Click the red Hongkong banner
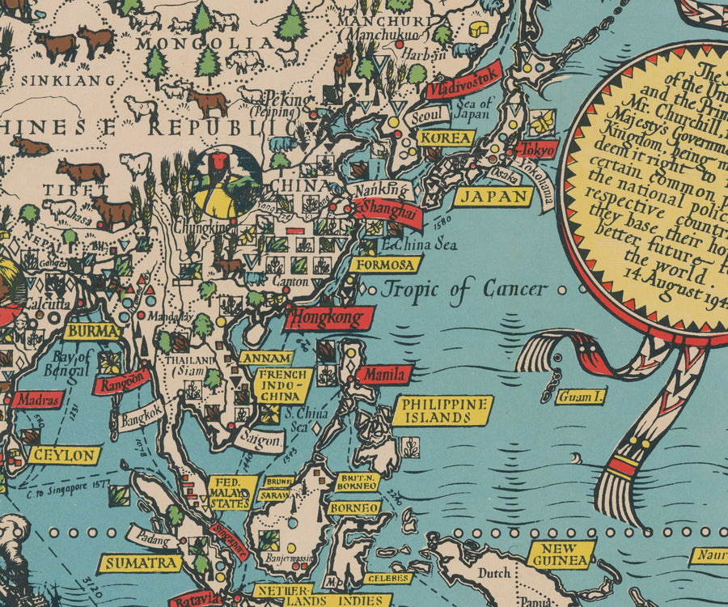point(328,316)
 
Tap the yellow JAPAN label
point(493,197)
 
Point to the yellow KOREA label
point(446,138)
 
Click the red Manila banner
point(383,375)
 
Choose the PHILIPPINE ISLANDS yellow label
point(442,410)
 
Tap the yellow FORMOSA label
point(390,265)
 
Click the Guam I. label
point(581,397)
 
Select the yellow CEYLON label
point(64,456)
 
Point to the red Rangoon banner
point(121,380)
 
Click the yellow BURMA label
point(92,331)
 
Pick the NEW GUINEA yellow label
point(561,554)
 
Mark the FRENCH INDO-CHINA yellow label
point(282,385)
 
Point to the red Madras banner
point(37,399)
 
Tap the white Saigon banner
point(260,439)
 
